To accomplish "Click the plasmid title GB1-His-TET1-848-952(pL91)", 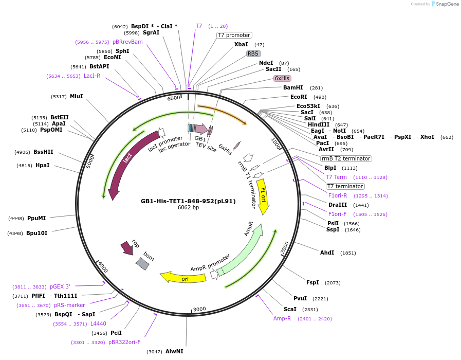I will point(188,201).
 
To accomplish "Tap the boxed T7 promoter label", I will point(234,35).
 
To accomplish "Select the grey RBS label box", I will point(253,53).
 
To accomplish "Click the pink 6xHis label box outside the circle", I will point(282,78).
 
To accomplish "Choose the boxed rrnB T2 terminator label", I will point(346,158).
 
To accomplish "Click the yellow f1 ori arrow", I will point(263,195).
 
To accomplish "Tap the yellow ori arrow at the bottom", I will point(177,278).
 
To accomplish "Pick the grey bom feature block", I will point(143,263).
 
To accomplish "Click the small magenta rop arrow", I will point(126,248).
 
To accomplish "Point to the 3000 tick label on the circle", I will point(199,309).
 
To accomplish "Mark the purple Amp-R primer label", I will point(282,318).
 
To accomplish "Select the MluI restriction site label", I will point(76,96).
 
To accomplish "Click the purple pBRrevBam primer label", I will point(127,42).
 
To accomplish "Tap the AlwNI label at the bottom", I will point(174,351).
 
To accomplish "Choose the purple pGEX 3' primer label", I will point(60,286).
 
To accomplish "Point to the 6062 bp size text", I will point(188,208).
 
